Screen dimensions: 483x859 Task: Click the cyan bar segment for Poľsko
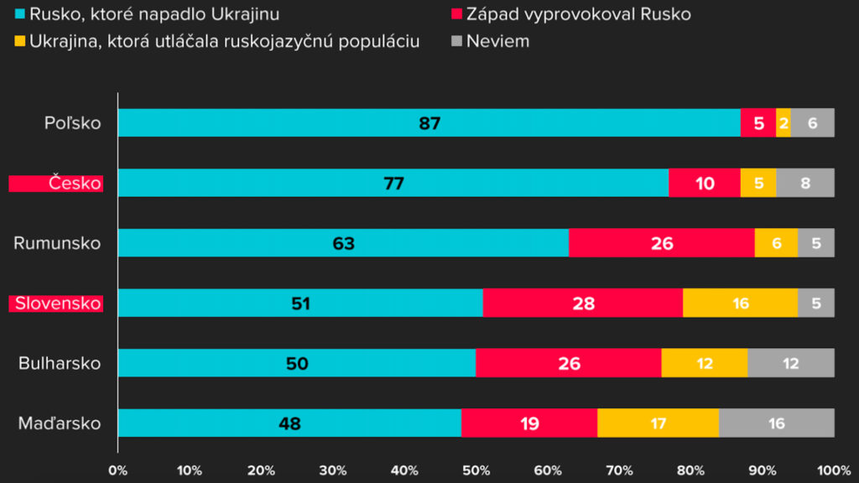click(x=429, y=122)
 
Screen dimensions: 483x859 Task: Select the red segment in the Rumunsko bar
click(x=661, y=243)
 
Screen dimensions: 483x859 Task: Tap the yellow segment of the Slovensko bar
click(x=740, y=303)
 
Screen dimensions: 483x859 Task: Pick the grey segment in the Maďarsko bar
click(x=776, y=423)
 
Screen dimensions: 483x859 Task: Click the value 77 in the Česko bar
click(x=393, y=183)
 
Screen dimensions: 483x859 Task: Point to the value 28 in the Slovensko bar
click(x=583, y=303)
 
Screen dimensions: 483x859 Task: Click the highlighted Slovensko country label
click(x=56, y=303)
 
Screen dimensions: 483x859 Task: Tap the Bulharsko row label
click(x=60, y=363)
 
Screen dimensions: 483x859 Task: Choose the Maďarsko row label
click(x=60, y=423)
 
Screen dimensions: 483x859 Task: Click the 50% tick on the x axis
click(x=476, y=470)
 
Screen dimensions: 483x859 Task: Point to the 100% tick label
click(x=833, y=470)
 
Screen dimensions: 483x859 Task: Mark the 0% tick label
click(x=118, y=470)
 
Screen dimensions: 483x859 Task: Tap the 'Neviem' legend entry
click(x=497, y=40)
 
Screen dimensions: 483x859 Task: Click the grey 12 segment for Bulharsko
click(x=790, y=363)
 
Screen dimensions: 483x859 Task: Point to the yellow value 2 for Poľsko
click(x=784, y=122)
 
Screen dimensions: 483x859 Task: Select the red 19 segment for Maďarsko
click(x=528, y=423)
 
